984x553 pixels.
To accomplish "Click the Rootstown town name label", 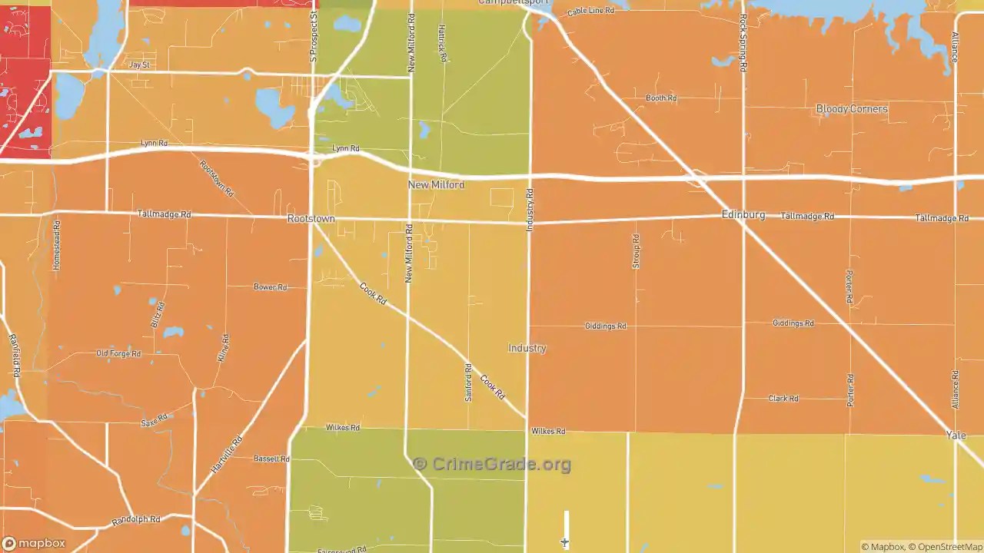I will point(311,219).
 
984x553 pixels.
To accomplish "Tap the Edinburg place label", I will point(743,214).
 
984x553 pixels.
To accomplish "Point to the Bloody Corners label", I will point(851,109).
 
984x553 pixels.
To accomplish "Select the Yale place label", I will point(956,435).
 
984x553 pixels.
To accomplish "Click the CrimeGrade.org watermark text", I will point(492,464).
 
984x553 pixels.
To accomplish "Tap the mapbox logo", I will point(34,543).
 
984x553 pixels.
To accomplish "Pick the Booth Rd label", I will point(660,98).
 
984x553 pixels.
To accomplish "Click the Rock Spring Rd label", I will point(743,43).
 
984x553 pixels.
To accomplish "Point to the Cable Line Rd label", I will point(590,12).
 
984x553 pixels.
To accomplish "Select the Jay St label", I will point(139,65).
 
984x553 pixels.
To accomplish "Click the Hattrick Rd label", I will point(442,43).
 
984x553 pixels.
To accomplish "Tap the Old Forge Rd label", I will point(118,354).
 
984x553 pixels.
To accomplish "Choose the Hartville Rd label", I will point(227,454).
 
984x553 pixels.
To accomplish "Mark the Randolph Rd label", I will point(135,520).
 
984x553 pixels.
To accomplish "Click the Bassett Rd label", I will point(271,459).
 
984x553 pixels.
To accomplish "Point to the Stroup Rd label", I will point(636,251).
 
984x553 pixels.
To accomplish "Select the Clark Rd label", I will point(783,399).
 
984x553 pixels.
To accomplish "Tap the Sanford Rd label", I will point(468,382).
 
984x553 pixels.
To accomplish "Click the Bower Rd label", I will point(270,287).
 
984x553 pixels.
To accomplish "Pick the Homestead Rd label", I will point(56,245).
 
